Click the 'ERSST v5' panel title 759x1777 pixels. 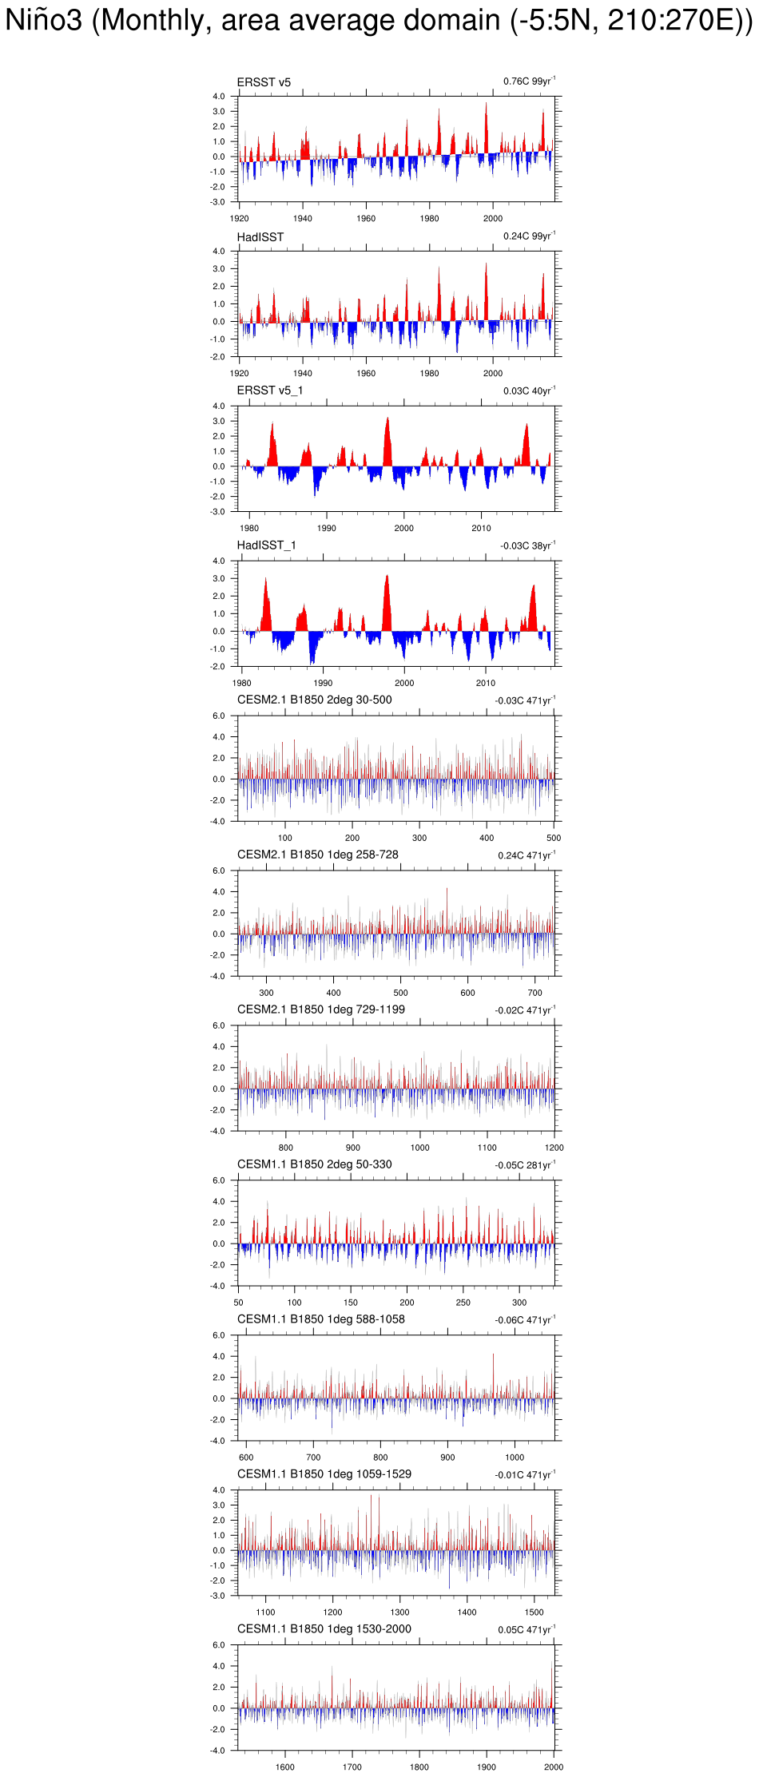264,82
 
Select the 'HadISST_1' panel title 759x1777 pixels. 266,545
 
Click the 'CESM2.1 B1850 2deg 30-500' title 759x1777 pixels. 314,700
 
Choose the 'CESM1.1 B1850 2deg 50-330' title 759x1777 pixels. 314,1165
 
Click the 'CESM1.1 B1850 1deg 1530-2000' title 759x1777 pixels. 324,1630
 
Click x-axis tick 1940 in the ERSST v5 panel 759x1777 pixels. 302,219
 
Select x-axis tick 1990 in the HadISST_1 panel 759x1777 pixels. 323,684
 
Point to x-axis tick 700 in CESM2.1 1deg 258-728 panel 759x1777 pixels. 534,994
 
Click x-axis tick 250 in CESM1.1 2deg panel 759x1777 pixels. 463,1303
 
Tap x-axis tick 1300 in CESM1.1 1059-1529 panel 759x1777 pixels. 399,1613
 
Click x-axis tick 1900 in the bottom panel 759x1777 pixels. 486,1768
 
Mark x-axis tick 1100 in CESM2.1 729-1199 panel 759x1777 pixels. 487,1148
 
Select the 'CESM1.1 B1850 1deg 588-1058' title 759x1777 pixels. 320,1320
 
